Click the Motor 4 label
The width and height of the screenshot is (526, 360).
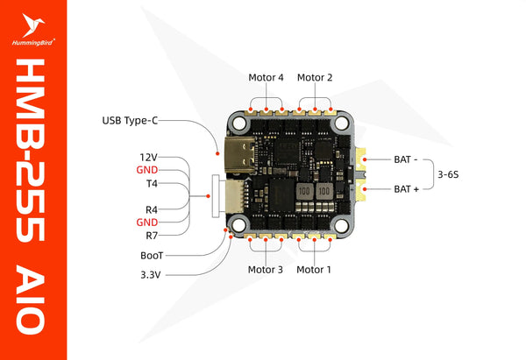pos(267,77)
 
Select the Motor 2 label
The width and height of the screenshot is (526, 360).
pos(315,77)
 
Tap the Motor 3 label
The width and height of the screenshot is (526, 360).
pos(266,270)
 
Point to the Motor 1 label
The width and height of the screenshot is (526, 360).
pos(314,270)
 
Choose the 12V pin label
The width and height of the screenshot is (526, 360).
pos(146,156)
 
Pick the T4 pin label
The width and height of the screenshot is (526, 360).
pos(151,184)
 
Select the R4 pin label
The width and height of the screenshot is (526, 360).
pos(150,210)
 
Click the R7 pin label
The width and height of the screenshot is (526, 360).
pos(150,235)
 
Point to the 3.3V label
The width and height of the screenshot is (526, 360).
pos(151,274)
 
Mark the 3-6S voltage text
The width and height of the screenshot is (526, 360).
pos(449,174)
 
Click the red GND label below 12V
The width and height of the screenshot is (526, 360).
pos(147,170)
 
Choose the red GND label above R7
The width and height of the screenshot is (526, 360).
pos(147,222)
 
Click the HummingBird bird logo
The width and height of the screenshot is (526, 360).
pos(35,21)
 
